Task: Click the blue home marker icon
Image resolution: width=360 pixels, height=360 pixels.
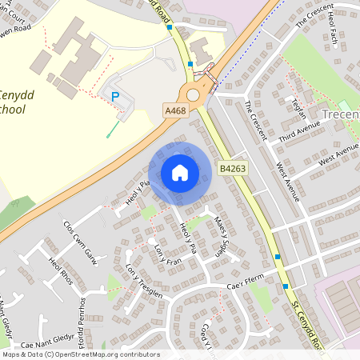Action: [180, 173]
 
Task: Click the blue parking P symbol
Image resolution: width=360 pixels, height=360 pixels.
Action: [114, 96]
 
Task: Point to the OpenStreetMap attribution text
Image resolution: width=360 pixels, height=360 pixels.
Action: [80, 354]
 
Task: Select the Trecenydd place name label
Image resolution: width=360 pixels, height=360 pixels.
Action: [340, 115]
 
